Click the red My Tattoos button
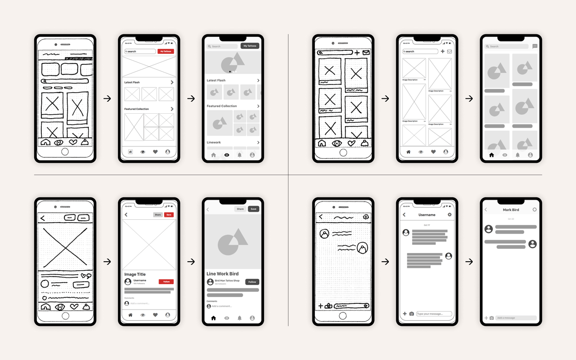tap(166, 51)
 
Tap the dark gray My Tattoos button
tap(250, 46)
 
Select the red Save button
tap(169, 215)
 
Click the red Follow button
tap(166, 282)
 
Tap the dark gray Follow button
tap(252, 282)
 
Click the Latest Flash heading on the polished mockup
tap(216, 81)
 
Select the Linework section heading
tap(214, 143)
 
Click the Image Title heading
tap(135, 275)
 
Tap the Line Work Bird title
tap(222, 274)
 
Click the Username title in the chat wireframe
tap(427, 215)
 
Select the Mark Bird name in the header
tap(511, 210)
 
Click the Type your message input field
tap(434, 314)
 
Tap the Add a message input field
tap(516, 318)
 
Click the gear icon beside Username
tap(450, 215)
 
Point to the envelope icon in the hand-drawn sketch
tap(366, 52)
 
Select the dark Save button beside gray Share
tap(253, 209)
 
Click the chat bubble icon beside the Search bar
tap(535, 47)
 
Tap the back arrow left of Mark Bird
tap(486, 210)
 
